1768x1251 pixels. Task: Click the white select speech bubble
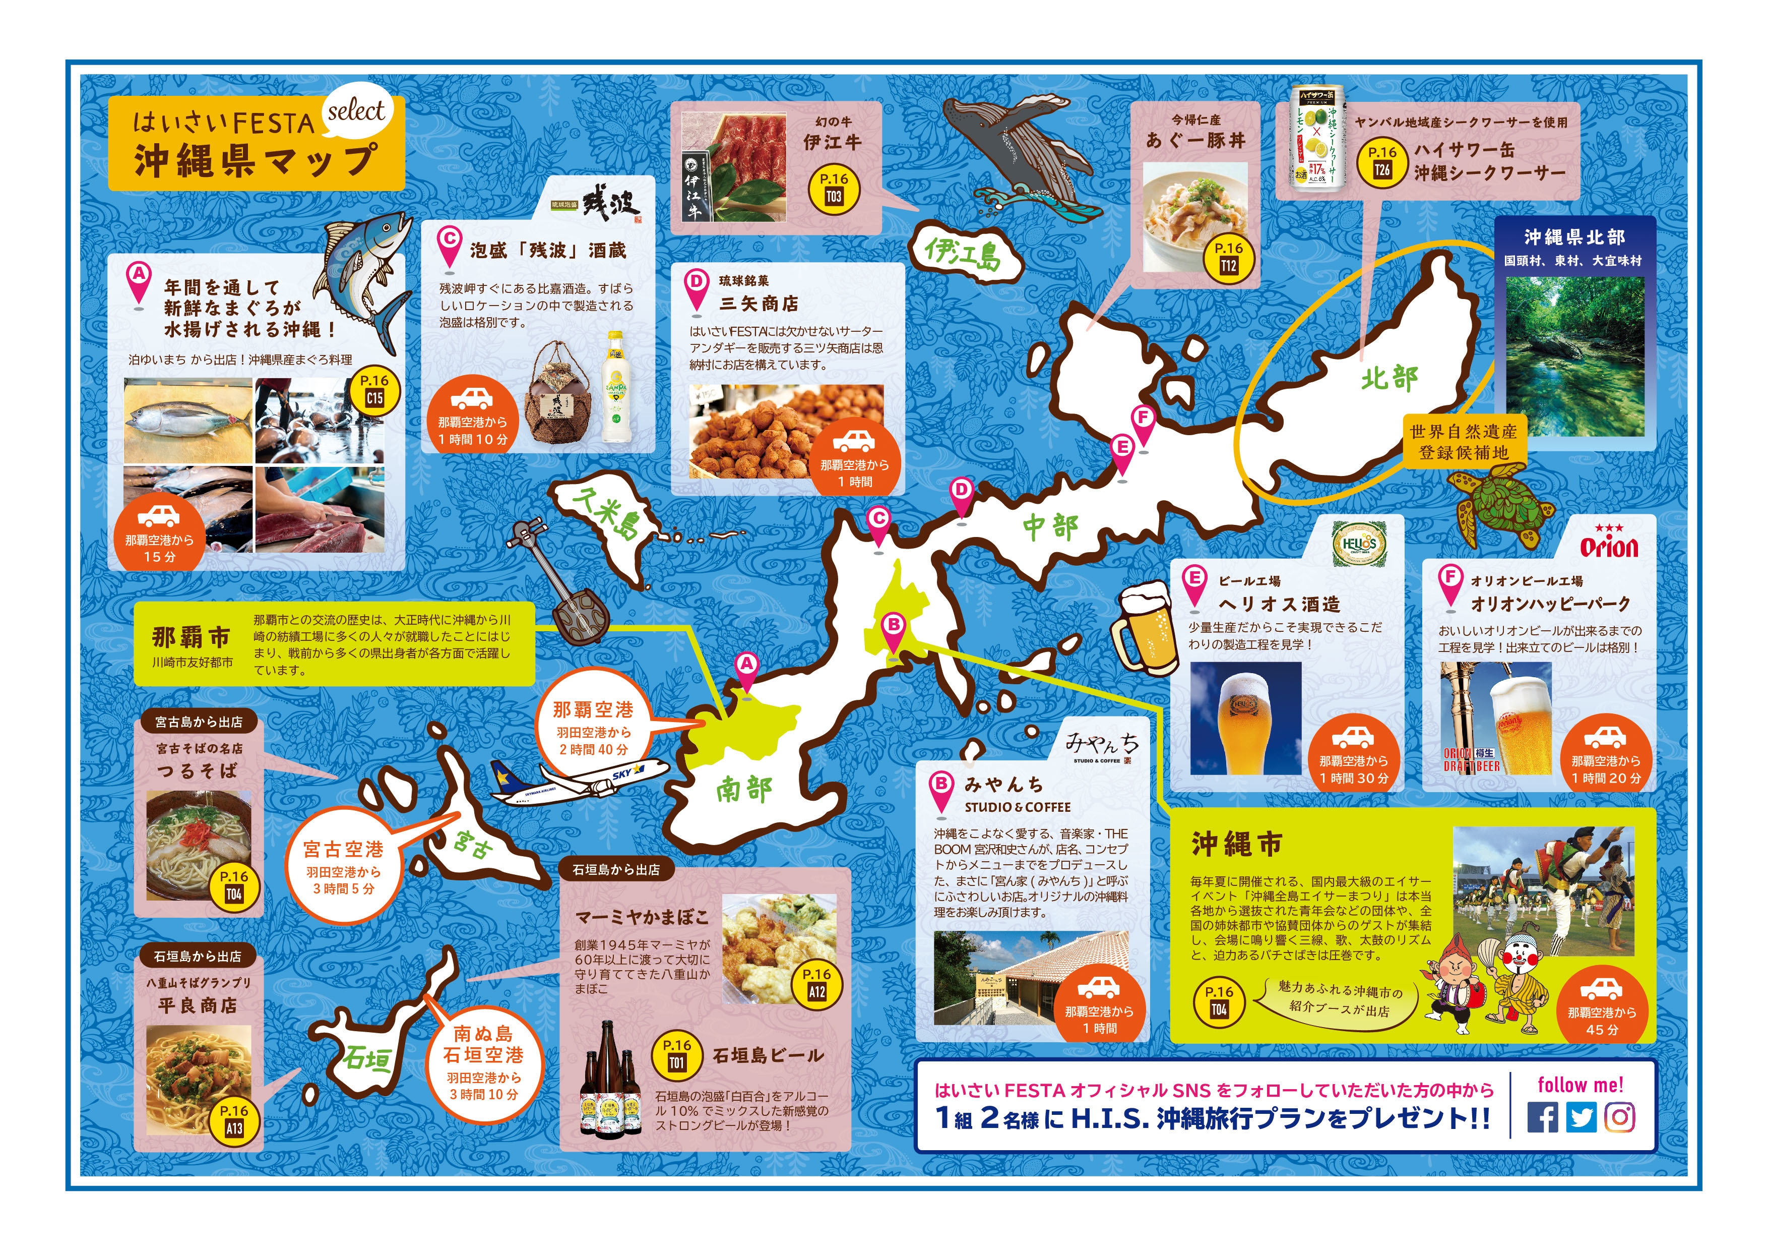pos(356,113)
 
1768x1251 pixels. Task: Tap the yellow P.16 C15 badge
pos(374,391)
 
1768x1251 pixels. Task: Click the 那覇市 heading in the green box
pos(191,638)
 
